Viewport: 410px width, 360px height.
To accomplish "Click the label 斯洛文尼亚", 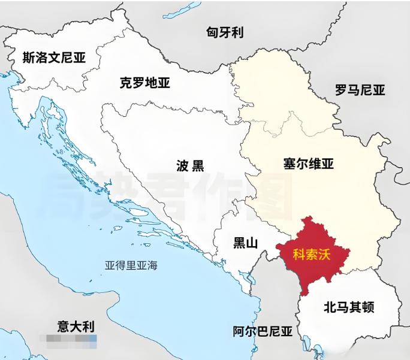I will tap(54, 58).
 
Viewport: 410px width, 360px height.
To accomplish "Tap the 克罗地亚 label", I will tap(144, 83).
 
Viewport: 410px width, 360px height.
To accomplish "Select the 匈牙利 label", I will tap(225, 32).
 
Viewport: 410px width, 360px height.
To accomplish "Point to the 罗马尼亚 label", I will tap(360, 90).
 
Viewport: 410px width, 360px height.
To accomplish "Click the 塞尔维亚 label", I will tap(308, 163).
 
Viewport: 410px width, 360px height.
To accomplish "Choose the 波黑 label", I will tap(190, 166).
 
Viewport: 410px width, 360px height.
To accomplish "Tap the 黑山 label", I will tap(245, 243).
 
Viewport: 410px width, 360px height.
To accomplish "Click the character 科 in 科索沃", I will tap(299, 253).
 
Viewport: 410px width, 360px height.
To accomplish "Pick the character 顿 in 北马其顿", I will tap(368, 308).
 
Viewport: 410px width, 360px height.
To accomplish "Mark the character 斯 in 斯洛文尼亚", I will tap(28, 58).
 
